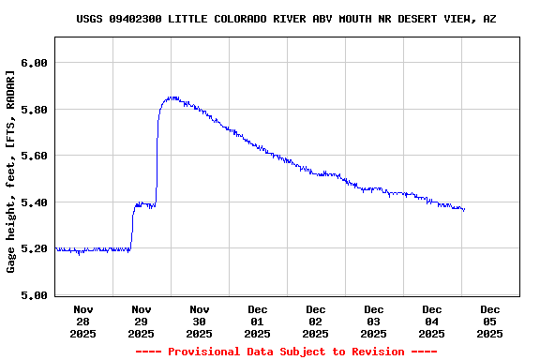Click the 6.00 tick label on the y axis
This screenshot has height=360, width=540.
[34, 63]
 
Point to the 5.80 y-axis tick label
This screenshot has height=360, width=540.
[34, 110]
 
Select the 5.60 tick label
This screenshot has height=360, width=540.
[34, 156]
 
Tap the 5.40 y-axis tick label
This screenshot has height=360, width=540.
[34, 202]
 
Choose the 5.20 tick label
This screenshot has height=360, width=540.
[34, 248]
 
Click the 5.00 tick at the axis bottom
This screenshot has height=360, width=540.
[34, 295]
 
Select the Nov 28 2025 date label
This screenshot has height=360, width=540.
[83, 321]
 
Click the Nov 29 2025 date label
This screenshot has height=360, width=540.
[142, 321]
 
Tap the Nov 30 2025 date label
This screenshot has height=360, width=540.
[200, 321]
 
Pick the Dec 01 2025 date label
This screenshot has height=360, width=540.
[258, 321]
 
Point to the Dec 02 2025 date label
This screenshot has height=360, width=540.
[316, 321]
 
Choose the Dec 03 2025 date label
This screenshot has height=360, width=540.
[374, 321]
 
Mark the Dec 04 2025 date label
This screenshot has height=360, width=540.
[432, 321]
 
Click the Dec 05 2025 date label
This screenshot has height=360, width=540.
[490, 321]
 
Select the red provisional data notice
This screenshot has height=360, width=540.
[286, 352]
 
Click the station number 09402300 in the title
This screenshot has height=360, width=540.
[136, 19]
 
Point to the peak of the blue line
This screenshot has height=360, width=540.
[172, 97]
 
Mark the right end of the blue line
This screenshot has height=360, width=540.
[464, 210]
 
